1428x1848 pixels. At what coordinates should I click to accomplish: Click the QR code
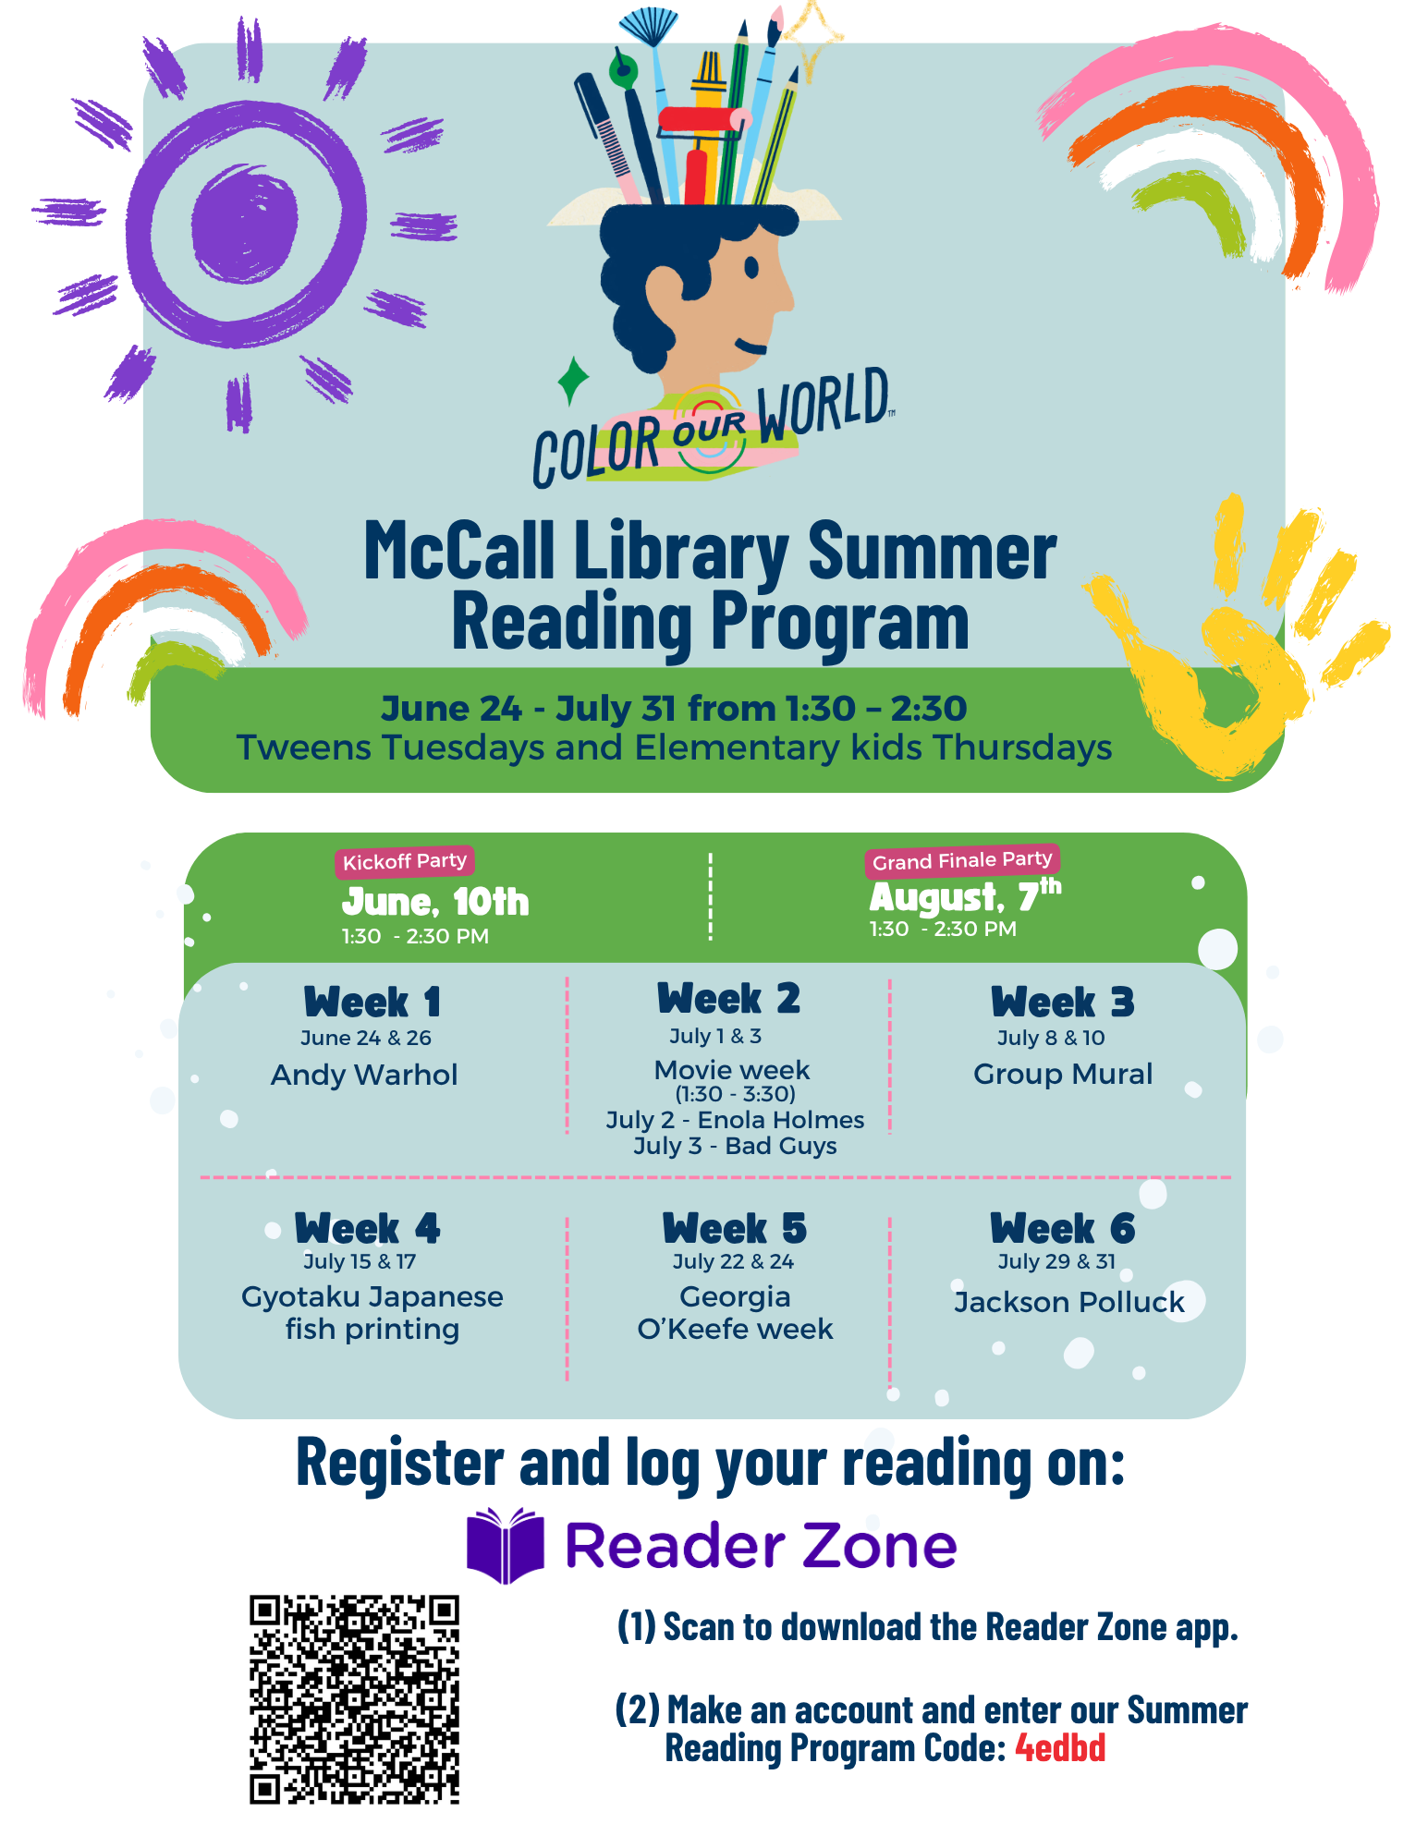click(x=354, y=1698)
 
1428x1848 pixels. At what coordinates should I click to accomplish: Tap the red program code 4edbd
click(x=1060, y=1747)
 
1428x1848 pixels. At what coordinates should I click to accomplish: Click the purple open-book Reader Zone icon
click(x=505, y=1545)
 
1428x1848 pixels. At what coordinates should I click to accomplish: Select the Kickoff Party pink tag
click(x=405, y=861)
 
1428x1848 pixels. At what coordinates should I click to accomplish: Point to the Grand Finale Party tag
click(x=962, y=860)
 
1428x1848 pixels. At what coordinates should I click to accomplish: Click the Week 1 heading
click(x=372, y=1003)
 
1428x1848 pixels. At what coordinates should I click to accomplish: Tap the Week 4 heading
click(x=367, y=1229)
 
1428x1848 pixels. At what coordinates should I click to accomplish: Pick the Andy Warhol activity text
click(x=364, y=1075)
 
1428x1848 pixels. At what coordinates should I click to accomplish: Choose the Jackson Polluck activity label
click(x=1068, y=1302)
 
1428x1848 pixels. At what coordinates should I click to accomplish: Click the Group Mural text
click(x=1063, y=1074)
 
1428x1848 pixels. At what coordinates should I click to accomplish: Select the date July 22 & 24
click(x=733, y=1261)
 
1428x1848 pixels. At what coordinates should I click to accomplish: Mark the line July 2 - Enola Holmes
click(x=735, y=1120)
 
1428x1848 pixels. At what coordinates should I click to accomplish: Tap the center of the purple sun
click(x=245, y=223)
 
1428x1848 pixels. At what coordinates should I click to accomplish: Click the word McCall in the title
click(x=459, y=551)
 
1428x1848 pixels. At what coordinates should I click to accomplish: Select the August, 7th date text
click(x=965, y=895)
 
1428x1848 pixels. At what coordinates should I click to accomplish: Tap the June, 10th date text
click(x=435, y=902)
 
